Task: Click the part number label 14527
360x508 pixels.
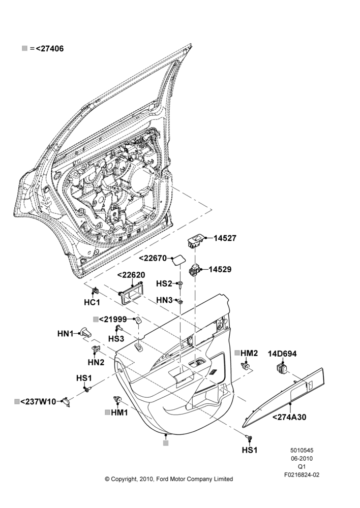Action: [x=225, y=238]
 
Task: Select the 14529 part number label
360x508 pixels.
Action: [x=220, y=270]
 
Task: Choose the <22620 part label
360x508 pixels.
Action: [x=131, y=275]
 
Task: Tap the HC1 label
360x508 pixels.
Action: [x=92, y=303]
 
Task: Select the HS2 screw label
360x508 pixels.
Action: [x=164, y=283]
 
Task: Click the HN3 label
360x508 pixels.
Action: [x=164, y=300]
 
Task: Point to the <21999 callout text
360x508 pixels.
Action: [x=113, y=320]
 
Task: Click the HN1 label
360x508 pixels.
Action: [x=66, y=333]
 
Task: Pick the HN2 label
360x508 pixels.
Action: [x=96, y=362]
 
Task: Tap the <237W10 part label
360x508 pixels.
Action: [x=38, y=402]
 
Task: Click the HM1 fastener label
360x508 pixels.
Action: [x=119, y=412]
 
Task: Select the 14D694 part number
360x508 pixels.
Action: [x=282, y=354]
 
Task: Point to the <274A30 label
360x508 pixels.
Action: [x=289, y=417]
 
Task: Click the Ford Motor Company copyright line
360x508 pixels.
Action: [x=169, y=479]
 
